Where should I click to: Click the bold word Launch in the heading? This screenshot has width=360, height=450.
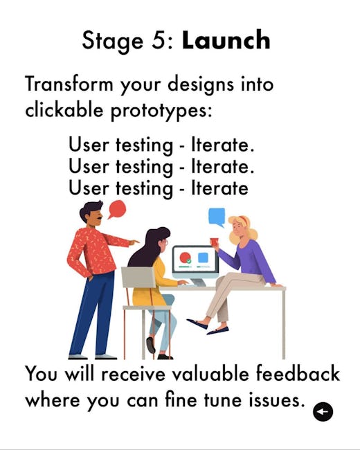226,40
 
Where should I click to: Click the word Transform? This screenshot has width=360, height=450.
69,84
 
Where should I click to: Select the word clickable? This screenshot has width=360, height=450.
64,109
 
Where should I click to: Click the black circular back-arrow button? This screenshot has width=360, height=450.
323,411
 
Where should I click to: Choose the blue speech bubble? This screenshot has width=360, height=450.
217,217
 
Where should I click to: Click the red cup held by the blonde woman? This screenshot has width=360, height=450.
214,242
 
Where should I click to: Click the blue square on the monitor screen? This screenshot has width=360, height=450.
203,258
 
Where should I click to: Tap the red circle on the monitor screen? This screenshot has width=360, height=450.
185,257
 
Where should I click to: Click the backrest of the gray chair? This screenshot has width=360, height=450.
138,277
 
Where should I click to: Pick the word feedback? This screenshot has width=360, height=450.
298,374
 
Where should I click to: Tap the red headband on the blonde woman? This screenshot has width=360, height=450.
244,221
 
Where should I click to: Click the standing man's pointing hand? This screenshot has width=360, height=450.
134,242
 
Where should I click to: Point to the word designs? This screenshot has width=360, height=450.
201,86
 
